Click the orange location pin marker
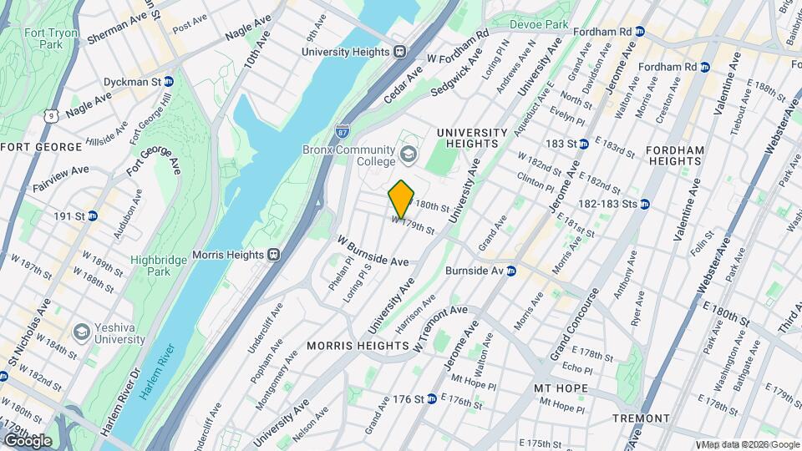coord(402,199)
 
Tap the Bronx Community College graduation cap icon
coord(408,154)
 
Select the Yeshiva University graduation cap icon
coord(81,332)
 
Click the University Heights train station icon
coord(400,51)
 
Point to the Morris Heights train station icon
coord(273,254)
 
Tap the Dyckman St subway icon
coord(169,82)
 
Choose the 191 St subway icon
coord(93,215)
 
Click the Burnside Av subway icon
coord(510,271)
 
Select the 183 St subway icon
coord(585,144)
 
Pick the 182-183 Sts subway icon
coord(646,204)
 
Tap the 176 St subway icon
coord(431,399)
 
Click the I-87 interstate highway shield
coord(343,131)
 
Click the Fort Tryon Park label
coord(43,38)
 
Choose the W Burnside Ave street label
coord(373,251)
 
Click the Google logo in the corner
coord(28,440)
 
